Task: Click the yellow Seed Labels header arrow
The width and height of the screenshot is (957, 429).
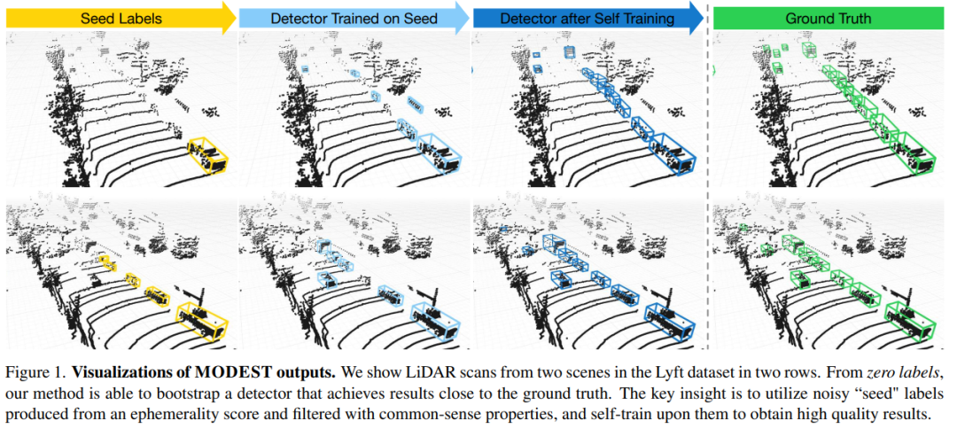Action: coord(115,18)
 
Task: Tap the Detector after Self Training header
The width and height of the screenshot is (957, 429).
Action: coord(586,18)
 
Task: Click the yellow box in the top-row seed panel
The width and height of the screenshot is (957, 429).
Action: coord(209,154)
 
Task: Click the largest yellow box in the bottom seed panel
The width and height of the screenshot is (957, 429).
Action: coord(203,316)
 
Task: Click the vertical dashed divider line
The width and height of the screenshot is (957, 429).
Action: coord(707,177)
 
